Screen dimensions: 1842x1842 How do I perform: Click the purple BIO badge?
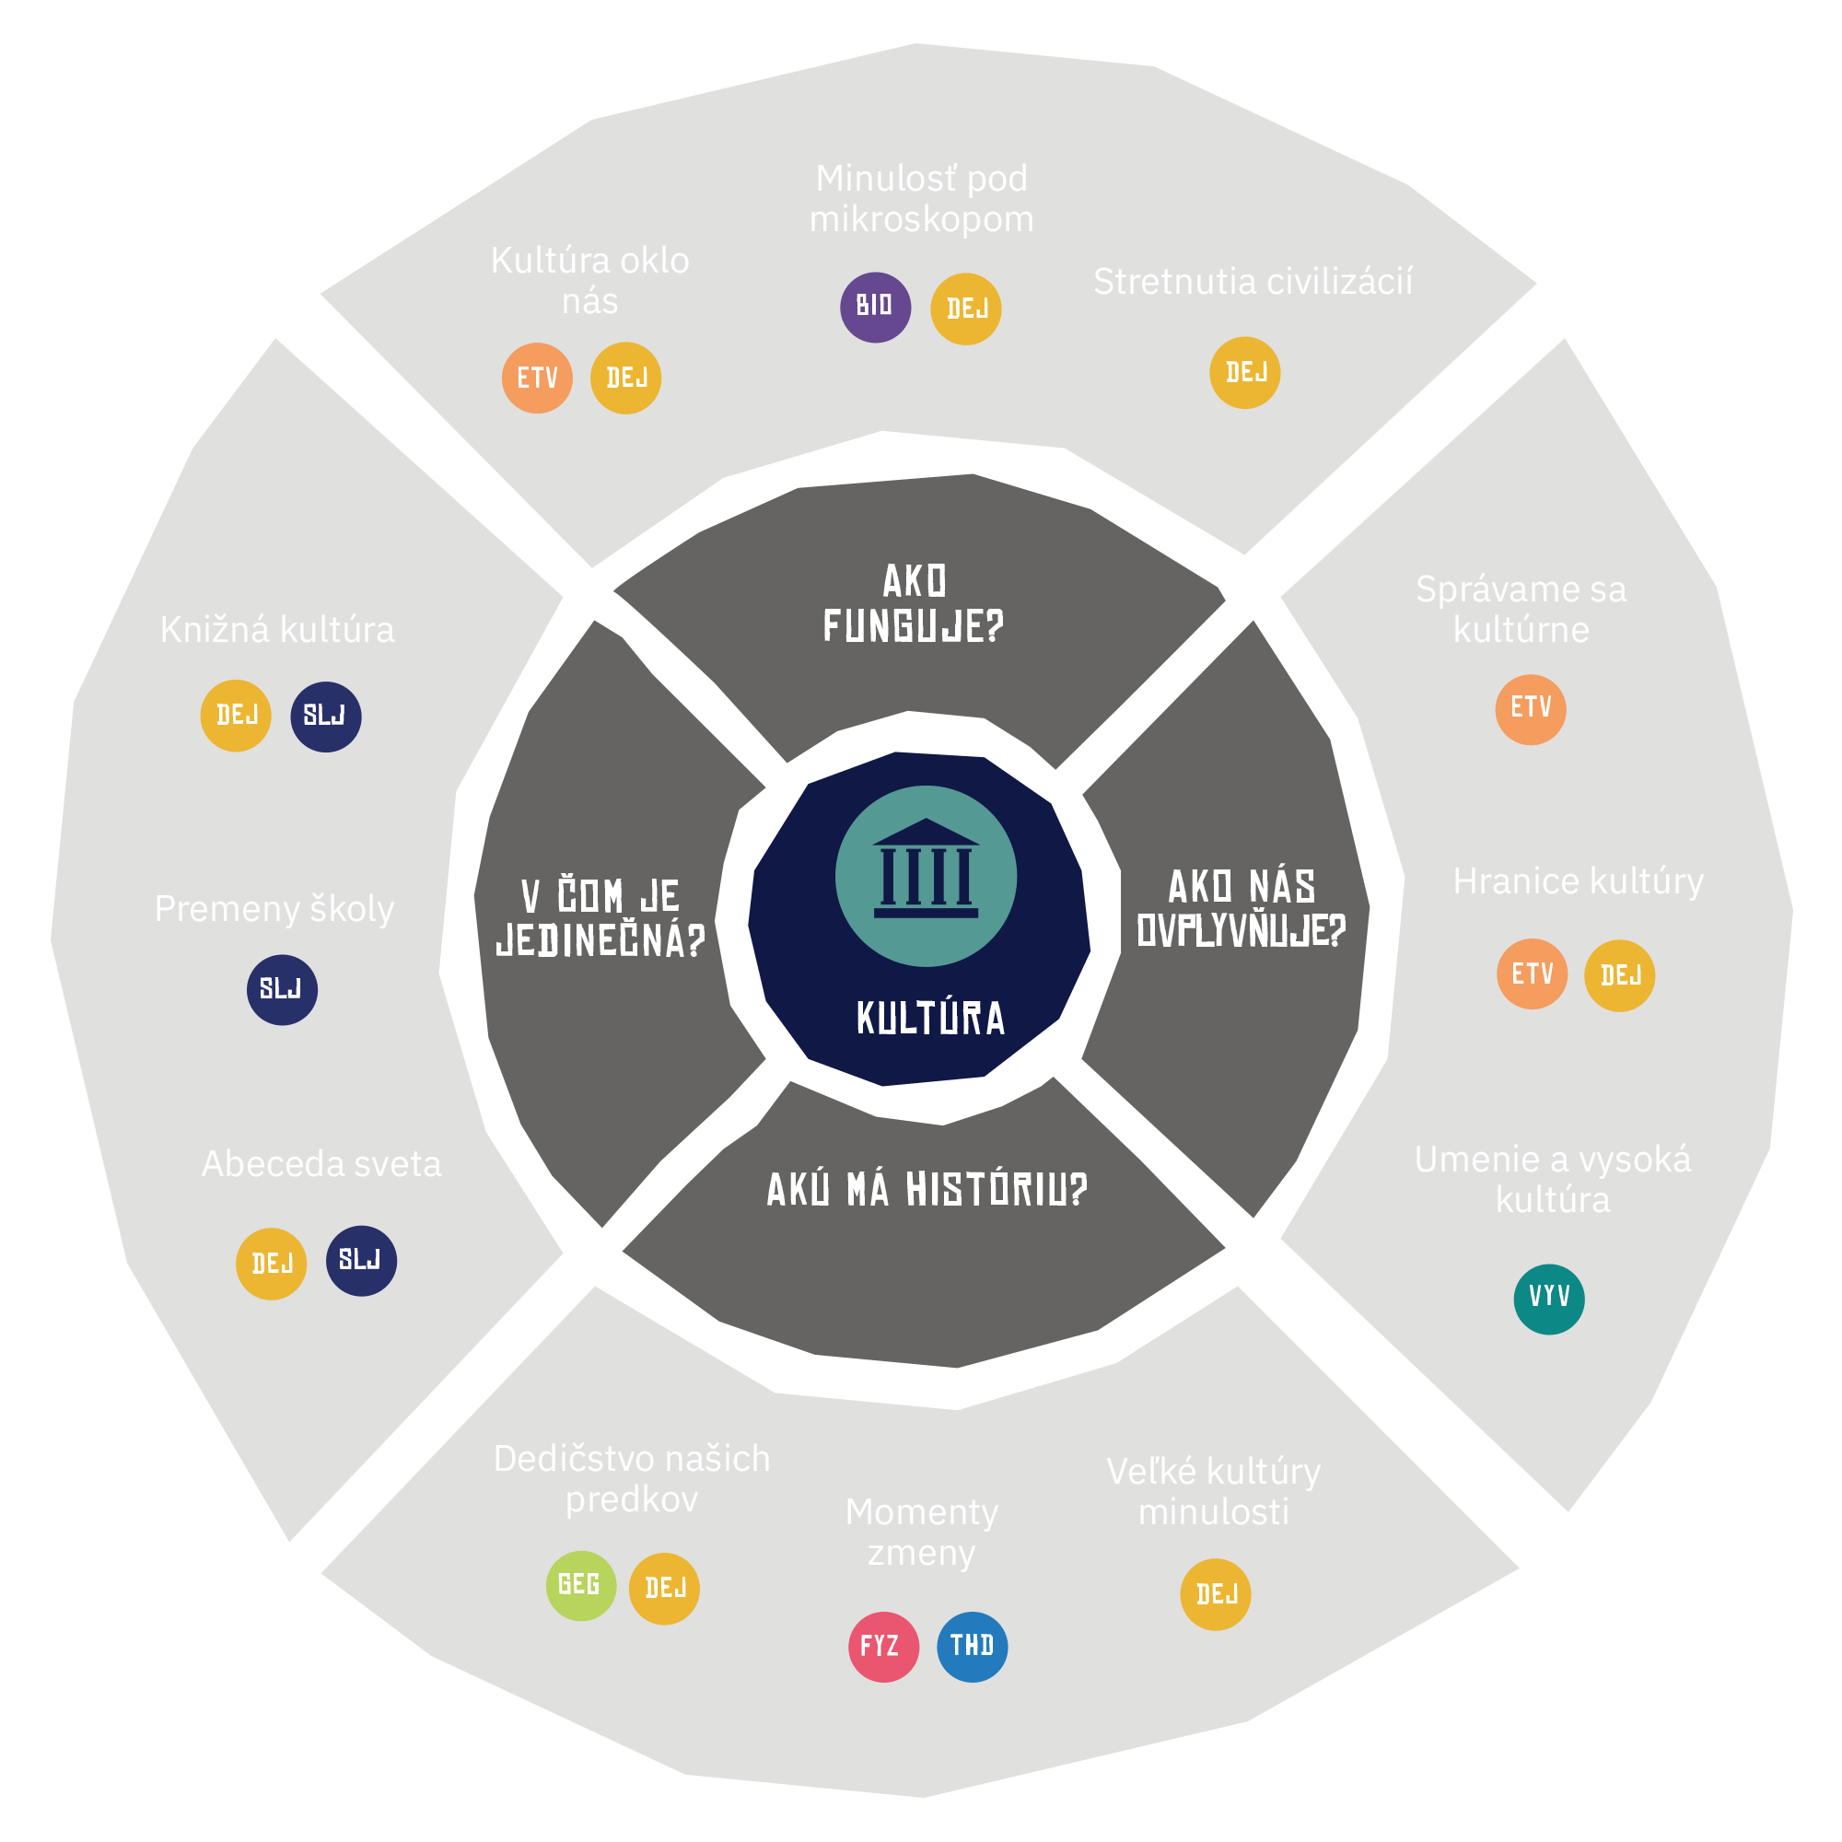pyautogui.click(x=874, y=307)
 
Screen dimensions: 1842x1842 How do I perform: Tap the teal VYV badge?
pyautogui.click(x=1548, y=1298)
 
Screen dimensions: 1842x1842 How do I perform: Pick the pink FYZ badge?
pyautogui.click(x=883, y=1647)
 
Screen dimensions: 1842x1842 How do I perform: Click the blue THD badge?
pyautogui.click(x=972, y=1646)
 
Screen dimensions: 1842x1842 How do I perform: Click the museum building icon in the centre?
pyautogui.click(x=926, y=875)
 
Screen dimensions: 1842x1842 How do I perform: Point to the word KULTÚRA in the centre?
pyautogui.click(x=930, y=1019)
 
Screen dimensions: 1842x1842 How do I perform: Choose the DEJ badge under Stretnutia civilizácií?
pyautogui.click(x=1244, y=373)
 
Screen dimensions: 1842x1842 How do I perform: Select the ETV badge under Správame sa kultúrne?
pyautogui.click(x=1530, y=709)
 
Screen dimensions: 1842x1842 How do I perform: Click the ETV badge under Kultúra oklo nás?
pyautogui.click(x=537, y=379)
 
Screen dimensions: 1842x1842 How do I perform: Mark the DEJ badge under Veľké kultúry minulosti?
pyautogui.click(x=1215, y=1594)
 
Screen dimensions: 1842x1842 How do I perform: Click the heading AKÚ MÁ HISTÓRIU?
pyautogui.click(x=927, y=1190)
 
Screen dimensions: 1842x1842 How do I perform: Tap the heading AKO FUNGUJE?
pyautogui.click(x=914, y=603)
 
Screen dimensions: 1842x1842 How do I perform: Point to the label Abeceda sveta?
pyautogui.click(x=321, y=1164)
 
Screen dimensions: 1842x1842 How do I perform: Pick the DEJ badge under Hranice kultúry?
pyautogui.click(x=1619, y=975)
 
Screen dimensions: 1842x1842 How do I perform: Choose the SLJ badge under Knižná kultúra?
pyautogui.click(x=325, y=716)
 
